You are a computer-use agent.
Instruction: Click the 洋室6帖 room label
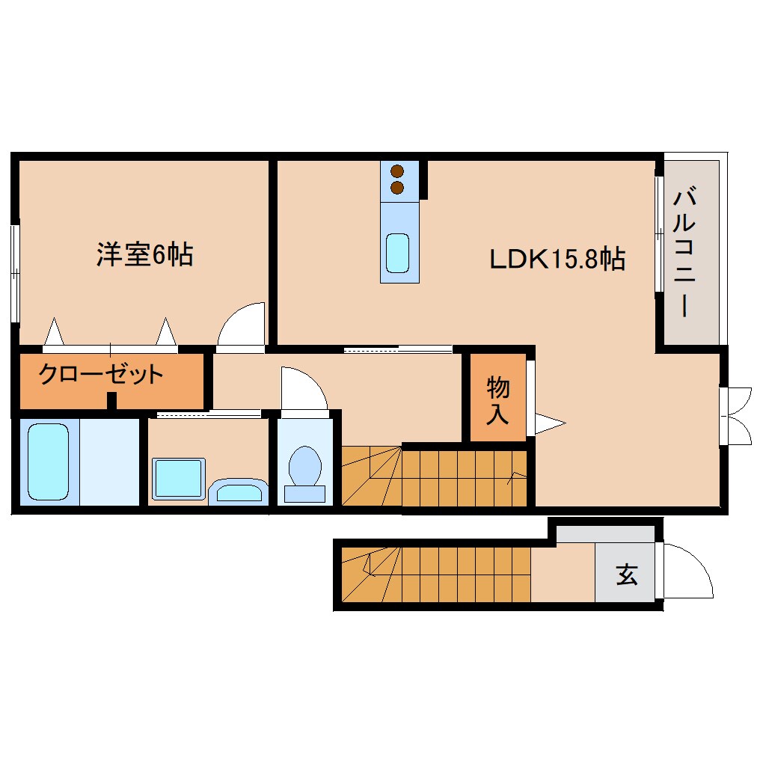pyautogui.click(x=144, y=255)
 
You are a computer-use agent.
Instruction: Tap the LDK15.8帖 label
pyautogui.click(x=557, y=260)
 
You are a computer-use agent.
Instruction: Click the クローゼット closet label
pyautogui.click(x=101, y=373)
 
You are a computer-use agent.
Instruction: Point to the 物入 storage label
pyautogui.click(x=498, y=400)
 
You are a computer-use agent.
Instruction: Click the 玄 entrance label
pyautogui.click(x=627, y=574)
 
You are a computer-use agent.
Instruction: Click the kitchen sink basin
pyautogui.click(x=397, y=254)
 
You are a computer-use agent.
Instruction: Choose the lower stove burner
pyautogui.click(x=397, y=187)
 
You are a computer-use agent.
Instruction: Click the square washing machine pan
pyautogui.click(x=178, y=479)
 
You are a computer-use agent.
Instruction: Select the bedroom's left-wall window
pyautogui.click(x=15, y=270)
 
